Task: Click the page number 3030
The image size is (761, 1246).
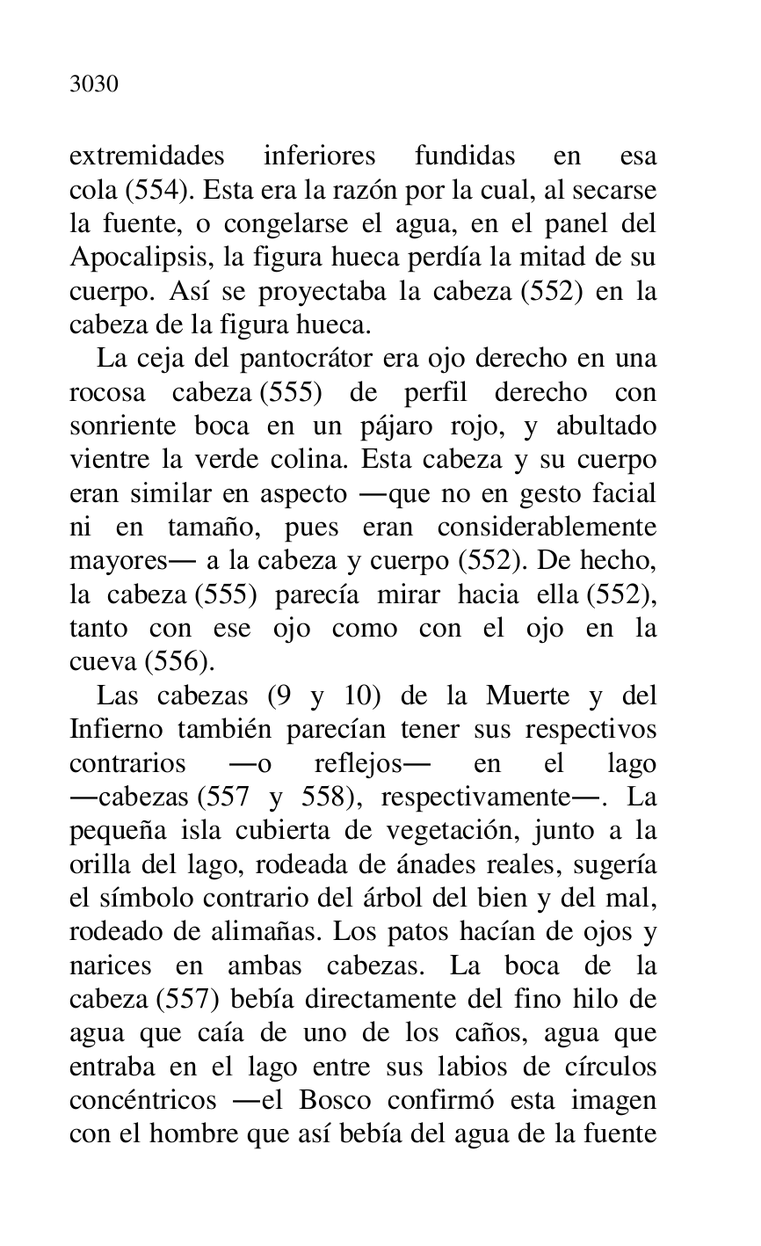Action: (x=94, y=85)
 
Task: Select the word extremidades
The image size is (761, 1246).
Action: (x=147, y=157)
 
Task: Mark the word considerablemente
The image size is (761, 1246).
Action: (x=547, y=528)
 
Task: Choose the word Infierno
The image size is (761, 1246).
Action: (x=111, y=731)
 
